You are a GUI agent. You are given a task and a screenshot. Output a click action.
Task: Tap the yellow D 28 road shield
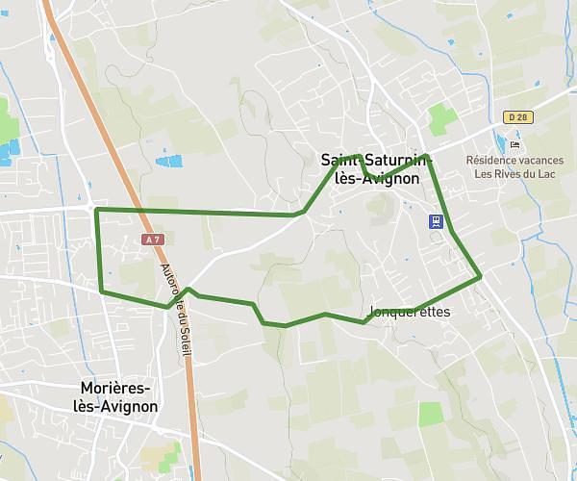[516, 117]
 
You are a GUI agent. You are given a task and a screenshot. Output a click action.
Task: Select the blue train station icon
[437, 221]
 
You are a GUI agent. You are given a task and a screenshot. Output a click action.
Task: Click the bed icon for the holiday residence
[515, 144]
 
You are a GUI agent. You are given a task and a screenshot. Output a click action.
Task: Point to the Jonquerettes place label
[409, 313]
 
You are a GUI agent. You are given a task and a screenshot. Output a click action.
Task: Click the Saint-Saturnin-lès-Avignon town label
[375, 168]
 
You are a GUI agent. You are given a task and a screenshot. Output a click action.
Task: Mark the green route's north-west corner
[97, 210]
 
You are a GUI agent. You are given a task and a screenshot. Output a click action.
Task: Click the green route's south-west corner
[102, 290]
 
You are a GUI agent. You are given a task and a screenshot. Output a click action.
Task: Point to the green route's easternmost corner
[479, 277]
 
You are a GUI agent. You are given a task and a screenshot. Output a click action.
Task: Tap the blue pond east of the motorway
[168, 162]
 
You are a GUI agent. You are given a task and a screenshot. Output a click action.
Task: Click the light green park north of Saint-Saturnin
[443, 119]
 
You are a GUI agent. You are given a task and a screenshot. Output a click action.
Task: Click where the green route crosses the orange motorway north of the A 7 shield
[136, 211]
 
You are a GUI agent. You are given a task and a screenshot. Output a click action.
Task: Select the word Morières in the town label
[115, 388]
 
